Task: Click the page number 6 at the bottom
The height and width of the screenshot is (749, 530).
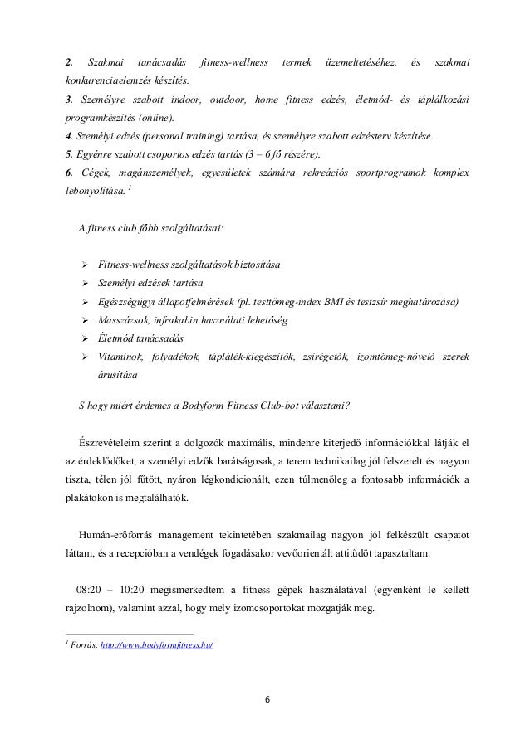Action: [x=267, y=696]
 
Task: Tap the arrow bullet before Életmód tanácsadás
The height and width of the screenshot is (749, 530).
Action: [x=84, y=338]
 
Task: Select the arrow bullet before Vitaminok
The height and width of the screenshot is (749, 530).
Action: [x=84, y=357]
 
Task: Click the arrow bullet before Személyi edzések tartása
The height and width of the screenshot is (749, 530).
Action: [x=84, y=284]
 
